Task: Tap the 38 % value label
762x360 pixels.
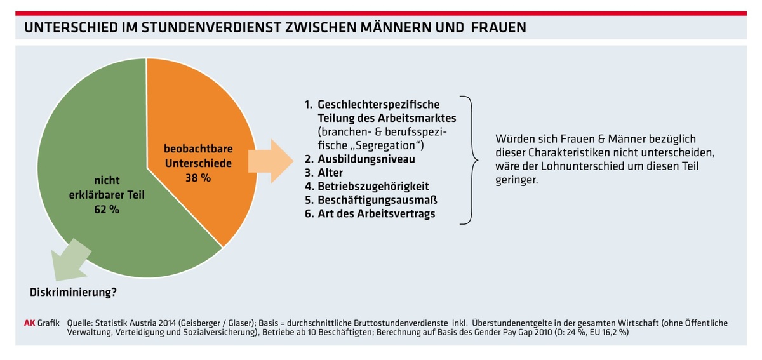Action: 198,178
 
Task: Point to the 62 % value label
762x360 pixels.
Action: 106,210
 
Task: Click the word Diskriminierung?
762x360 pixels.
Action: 74,293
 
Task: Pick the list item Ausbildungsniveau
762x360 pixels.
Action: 366,159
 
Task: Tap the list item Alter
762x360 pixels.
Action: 331,173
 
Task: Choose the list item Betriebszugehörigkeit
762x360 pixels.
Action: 373,186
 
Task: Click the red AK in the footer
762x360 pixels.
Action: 29,323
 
